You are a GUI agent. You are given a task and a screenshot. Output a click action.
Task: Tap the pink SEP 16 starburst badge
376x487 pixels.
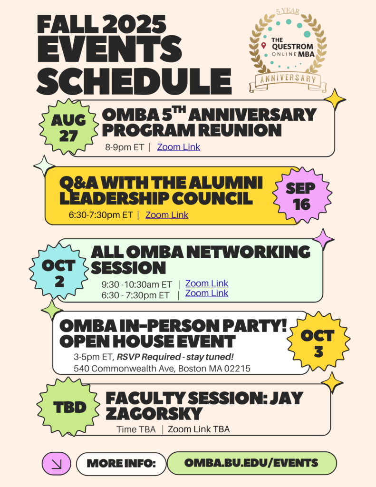point(302,195)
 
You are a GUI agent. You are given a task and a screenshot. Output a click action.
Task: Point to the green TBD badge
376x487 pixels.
point(69,407)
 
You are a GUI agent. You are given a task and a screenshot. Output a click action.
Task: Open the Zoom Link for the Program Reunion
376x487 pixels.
point(179,147)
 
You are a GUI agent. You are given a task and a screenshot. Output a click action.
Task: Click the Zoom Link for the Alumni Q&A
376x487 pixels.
point(167,215)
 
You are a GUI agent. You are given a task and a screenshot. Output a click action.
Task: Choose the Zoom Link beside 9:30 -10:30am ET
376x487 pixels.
point(207,283)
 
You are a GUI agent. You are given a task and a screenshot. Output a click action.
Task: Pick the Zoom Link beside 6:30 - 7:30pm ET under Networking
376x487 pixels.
point(207,293)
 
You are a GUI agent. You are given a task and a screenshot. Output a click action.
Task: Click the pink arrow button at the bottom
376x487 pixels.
point(57,464)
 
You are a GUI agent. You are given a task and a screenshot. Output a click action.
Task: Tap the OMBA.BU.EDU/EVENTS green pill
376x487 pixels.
point(251,463)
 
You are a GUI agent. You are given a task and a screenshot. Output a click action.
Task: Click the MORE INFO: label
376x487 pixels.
point(121,464)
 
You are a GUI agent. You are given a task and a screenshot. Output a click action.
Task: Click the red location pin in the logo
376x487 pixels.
point(264,46)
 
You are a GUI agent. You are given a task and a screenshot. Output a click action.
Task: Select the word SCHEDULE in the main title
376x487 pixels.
point(134,81)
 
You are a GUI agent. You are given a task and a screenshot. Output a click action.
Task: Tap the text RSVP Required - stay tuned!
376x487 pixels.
point(175,357)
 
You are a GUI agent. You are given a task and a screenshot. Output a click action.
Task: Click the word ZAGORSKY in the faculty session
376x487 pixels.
point(154,413)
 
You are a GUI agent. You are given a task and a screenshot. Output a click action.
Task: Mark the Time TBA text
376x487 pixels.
point(136,429)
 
